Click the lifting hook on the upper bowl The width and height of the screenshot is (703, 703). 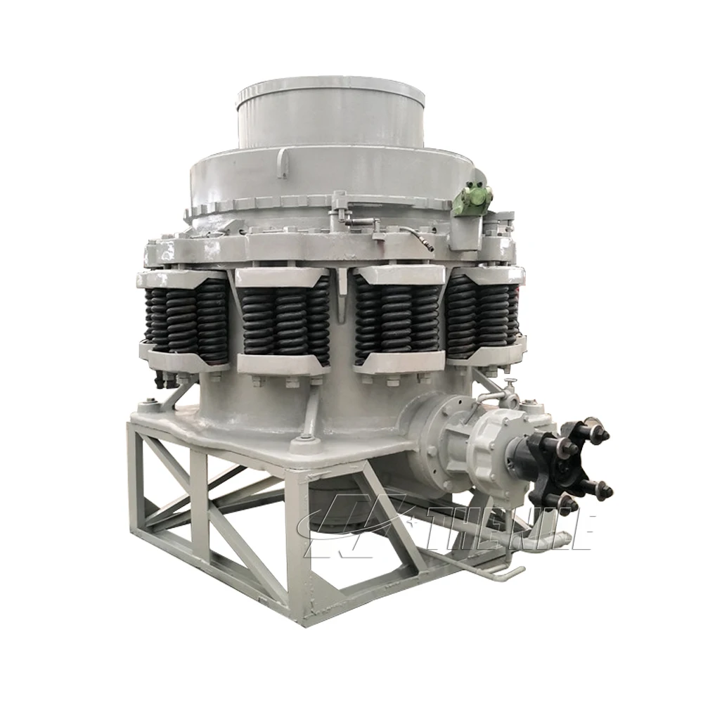283,162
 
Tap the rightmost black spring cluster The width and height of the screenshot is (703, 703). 484,313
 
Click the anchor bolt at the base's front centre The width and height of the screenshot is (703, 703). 304,440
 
